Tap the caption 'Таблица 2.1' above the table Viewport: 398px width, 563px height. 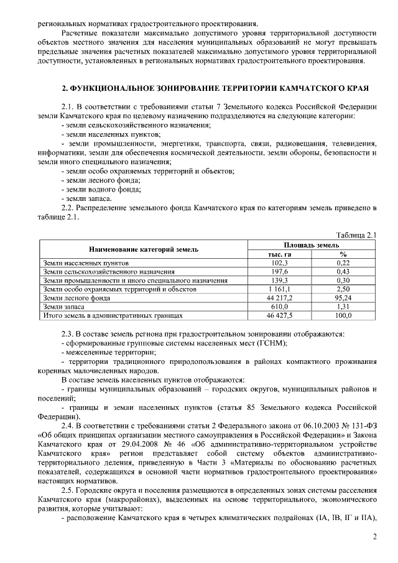356,235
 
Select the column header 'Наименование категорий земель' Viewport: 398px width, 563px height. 144,249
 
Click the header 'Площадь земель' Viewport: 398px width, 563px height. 312,245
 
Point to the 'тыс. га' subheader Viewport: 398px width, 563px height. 279,254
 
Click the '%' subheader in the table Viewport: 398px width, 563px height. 343,254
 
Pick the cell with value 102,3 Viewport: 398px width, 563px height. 279,263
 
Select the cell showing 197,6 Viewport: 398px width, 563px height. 279,272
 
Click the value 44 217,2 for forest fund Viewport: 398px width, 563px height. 279,298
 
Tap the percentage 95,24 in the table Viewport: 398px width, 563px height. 343,298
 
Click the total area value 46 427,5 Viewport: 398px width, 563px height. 279,315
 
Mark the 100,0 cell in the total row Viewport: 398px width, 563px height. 343,315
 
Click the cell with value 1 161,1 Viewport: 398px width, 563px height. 279,289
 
